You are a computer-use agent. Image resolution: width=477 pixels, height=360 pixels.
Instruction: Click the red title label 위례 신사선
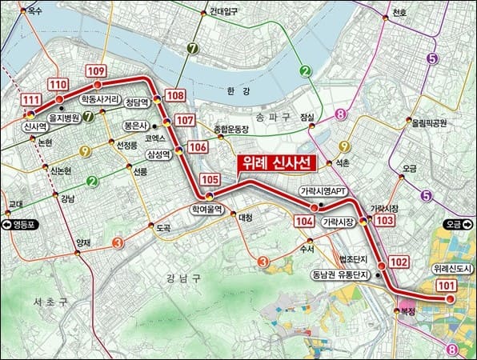point(275,163)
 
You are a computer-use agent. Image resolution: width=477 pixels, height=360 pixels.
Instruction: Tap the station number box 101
point(447,286)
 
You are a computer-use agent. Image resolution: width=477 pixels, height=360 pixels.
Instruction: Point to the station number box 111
point(31,100)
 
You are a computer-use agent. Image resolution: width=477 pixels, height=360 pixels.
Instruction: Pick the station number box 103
point(385,220)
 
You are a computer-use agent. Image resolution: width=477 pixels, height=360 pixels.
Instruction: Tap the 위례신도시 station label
point(453,270)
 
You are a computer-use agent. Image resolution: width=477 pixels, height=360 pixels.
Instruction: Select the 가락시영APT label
point(323,192)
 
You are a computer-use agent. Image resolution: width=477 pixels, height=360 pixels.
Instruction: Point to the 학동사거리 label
point(100,100)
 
